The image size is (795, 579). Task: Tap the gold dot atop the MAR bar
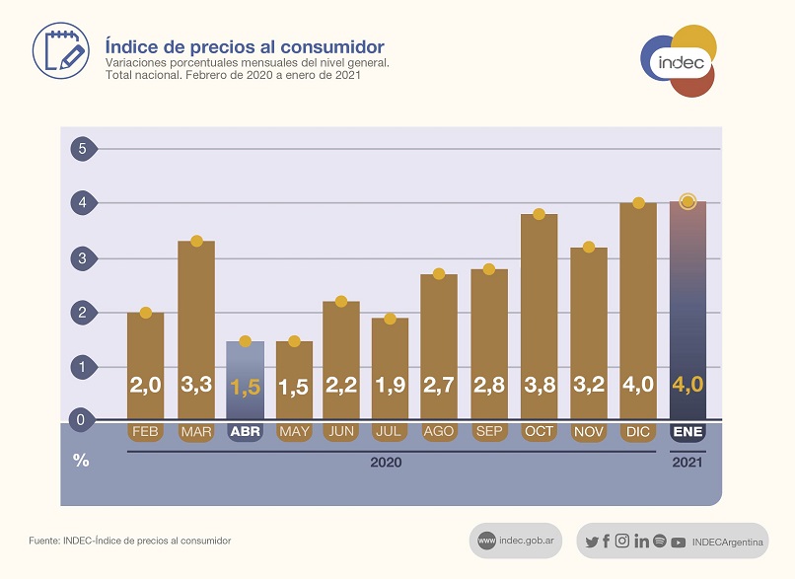[x=196, y=241]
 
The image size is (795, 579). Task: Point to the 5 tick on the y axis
[x=83, y=149]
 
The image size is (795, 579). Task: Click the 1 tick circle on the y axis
[x=83, y=367]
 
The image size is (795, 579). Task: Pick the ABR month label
[x=245, y=432]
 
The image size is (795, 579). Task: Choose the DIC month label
[x=637, y=432]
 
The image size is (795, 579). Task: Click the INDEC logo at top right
[x=680, y=61]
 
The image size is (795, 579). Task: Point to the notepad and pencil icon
[x=60, y=49]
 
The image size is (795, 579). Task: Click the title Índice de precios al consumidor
[x=245, y=46]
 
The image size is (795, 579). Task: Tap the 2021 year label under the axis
[x=687, y=462]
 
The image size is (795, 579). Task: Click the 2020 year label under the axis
[x=386, y=462]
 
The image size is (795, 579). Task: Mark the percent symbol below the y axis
[x=81, y=461]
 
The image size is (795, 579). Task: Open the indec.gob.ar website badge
[x=515, y=541]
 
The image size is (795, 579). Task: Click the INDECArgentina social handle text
[x=728, y=542]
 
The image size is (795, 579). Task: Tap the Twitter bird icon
[x=592, y=542]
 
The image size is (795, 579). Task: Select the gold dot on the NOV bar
[x=589, y=247]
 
